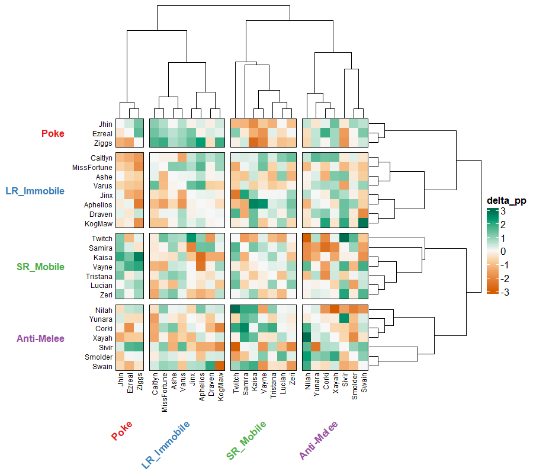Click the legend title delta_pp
coord(506,200)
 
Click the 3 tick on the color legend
coord(503,212)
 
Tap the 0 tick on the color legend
coord(503,251)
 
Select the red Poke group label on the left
coord(53,134)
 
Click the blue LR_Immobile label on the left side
coord(35,191)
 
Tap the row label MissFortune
coord(92,168)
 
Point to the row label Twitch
coord(102,238)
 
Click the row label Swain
coord(102,367)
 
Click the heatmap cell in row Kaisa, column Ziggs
coord(139,257)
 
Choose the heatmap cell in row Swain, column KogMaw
coord(220,366)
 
